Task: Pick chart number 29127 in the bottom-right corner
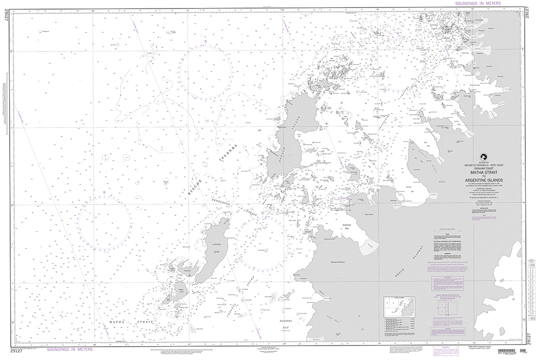pyautogui.click(x=530, y=335)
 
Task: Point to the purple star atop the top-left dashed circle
pyautogui.click(x=205, y=41)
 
